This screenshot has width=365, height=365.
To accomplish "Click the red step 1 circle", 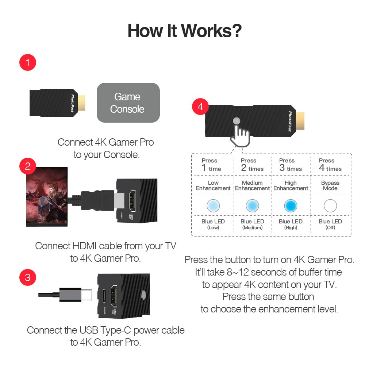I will [28, 63].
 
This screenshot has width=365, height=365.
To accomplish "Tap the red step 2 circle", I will [28, 166].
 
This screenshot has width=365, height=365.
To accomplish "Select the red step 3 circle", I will [28, 277].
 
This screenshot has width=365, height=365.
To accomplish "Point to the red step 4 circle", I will [200, 107].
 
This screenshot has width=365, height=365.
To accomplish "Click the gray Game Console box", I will [128, 103].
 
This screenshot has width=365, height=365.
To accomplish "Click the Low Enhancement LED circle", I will [213, 206].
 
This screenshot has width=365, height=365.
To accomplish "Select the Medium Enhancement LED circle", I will [252, 206].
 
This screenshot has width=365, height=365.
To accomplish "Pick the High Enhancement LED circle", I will [291, 206].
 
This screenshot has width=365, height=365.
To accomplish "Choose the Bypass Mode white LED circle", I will [330, 206].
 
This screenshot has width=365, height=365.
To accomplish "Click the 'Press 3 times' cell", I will [290, 165].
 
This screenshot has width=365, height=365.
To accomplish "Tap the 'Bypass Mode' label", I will [330, 185].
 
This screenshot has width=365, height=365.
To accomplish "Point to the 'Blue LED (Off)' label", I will [330, 224].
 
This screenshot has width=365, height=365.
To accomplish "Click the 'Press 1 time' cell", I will [211, 165].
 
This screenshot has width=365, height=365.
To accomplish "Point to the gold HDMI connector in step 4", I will [300, 123].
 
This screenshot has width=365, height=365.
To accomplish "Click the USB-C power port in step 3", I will [104, 296].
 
